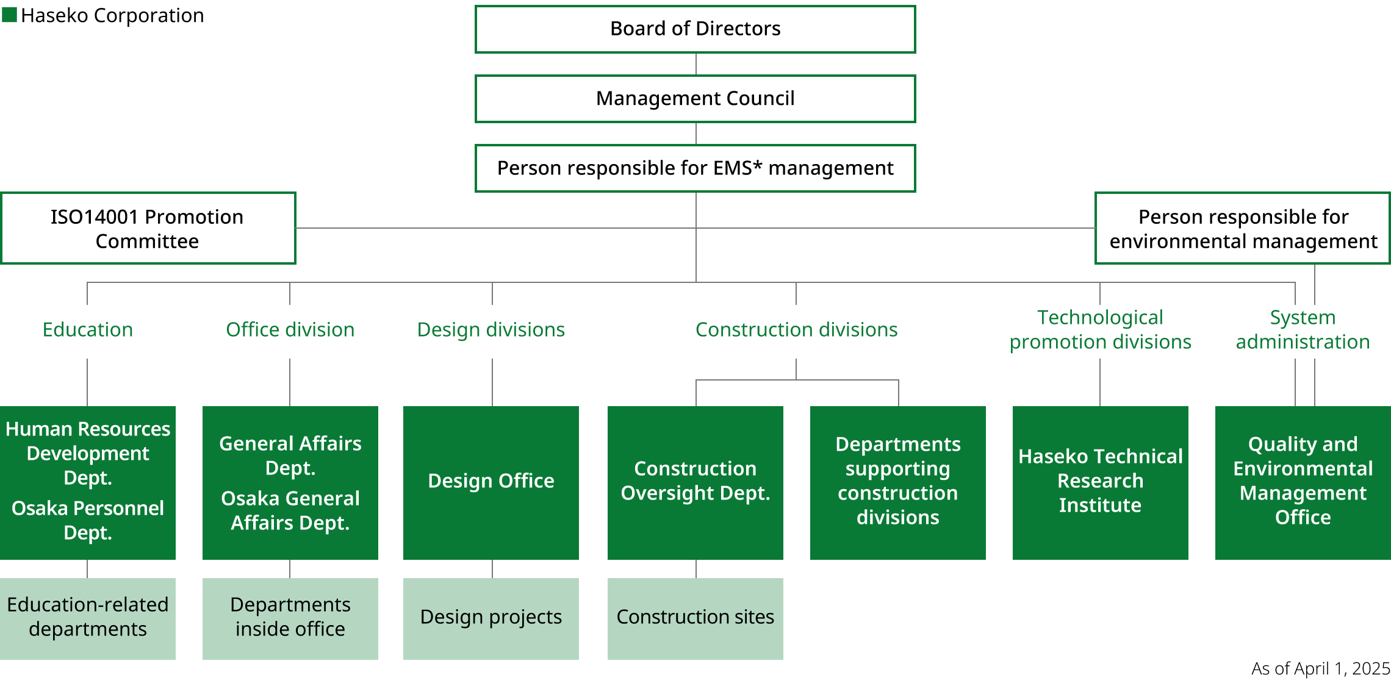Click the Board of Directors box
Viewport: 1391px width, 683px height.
tap(695, 29)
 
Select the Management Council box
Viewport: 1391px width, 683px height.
tap(695, 99)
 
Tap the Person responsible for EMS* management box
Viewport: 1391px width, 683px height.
tap(695, 168)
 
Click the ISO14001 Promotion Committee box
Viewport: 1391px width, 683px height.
tap(148, 229)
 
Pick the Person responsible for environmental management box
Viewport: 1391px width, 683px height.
tap(1242, 229)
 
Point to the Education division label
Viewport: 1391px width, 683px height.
tap(88, 330)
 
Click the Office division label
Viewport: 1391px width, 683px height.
tap(290, 330)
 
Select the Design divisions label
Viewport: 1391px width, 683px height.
tap(491, 330)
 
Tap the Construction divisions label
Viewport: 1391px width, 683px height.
tap(796, 330)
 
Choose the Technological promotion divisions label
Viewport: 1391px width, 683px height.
tap(1100, 330)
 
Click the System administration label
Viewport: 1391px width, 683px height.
tap(1303, 330)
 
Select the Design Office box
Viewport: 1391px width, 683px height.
tap(491, 482)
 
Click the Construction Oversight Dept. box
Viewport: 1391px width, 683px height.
tap(695, 482)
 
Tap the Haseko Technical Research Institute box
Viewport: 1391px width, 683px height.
tap(1100, 482)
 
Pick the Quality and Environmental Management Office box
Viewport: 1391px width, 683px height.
tap(1303, 482)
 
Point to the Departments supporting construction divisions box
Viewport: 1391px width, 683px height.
tap(897, 482)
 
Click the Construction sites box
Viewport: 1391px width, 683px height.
tap(695, 618)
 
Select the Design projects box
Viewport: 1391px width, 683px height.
tap(491, 618)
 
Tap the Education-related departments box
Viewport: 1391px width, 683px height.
tap(88, 618)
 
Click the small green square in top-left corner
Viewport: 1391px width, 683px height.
tap(9, 15)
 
